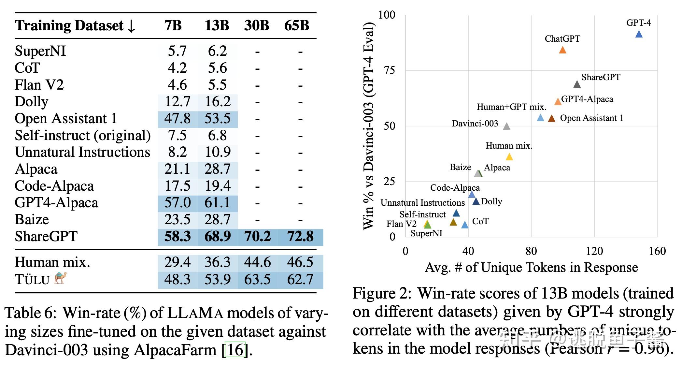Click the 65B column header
point(296,25)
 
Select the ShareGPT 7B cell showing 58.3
point(177,237)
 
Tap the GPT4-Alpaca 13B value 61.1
point(218,203)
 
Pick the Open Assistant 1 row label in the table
point(66,119)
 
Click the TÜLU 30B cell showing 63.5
point(257,280)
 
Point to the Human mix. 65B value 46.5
point(300,262)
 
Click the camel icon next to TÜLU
point(61,278)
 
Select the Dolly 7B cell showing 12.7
point(177,102)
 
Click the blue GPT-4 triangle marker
point(639,34)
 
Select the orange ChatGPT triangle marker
point(562,50)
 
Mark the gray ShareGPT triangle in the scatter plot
point(577,84)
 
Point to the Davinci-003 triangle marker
point(506,126)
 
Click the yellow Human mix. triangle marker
point(509,157)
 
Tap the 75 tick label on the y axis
point(389,70)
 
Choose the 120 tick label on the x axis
point(594,251)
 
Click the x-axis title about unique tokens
point(531,268)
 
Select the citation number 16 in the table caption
point(235,350)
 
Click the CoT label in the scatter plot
point(480,221)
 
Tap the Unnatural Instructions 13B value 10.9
point(218,152)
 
